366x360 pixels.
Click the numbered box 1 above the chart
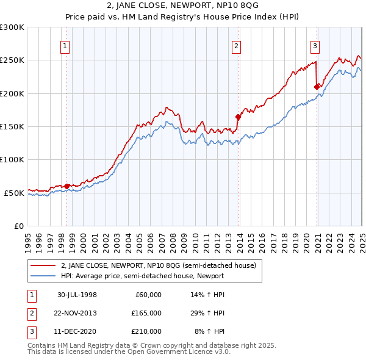pyautogui.click(x=65, y=45)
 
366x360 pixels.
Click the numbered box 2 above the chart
pyautogui.click(x=236, y=45)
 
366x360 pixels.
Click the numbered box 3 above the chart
pyautogui.click(x=315, y=45)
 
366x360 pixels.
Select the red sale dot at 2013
pyautogui.click(x=238, y=117)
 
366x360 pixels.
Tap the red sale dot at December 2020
pyautogui.click(x=317, y=87)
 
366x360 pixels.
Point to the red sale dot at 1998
pyautogui.click(x=66, y=186)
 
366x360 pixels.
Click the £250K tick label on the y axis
pyautogui.click(x=12, y=60)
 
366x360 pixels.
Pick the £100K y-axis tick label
pyautogui.click(x=12, y=159)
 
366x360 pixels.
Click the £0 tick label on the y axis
pyautogui.click(x=18, y=226)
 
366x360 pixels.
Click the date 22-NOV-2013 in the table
pyautogui.click(x=76, y=313)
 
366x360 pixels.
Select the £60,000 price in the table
pyautogui.click(x=147, y=295)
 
